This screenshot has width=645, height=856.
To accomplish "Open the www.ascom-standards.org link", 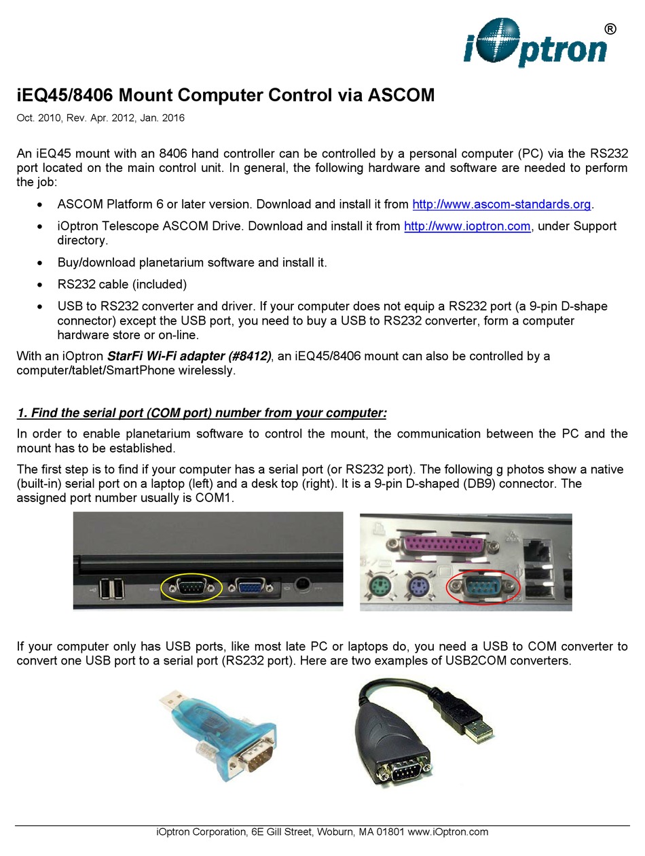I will [502, 204].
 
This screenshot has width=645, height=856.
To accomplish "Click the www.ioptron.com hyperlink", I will [466, 226].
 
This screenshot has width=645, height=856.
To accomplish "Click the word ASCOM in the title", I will [401, 95].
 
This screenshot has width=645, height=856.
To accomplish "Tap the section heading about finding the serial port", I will [202, 413].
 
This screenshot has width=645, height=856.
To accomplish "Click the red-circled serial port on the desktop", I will [485, 588].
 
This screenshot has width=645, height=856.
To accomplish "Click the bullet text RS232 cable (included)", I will [122, 284].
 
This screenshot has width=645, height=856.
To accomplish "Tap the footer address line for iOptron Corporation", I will [322, 832].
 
